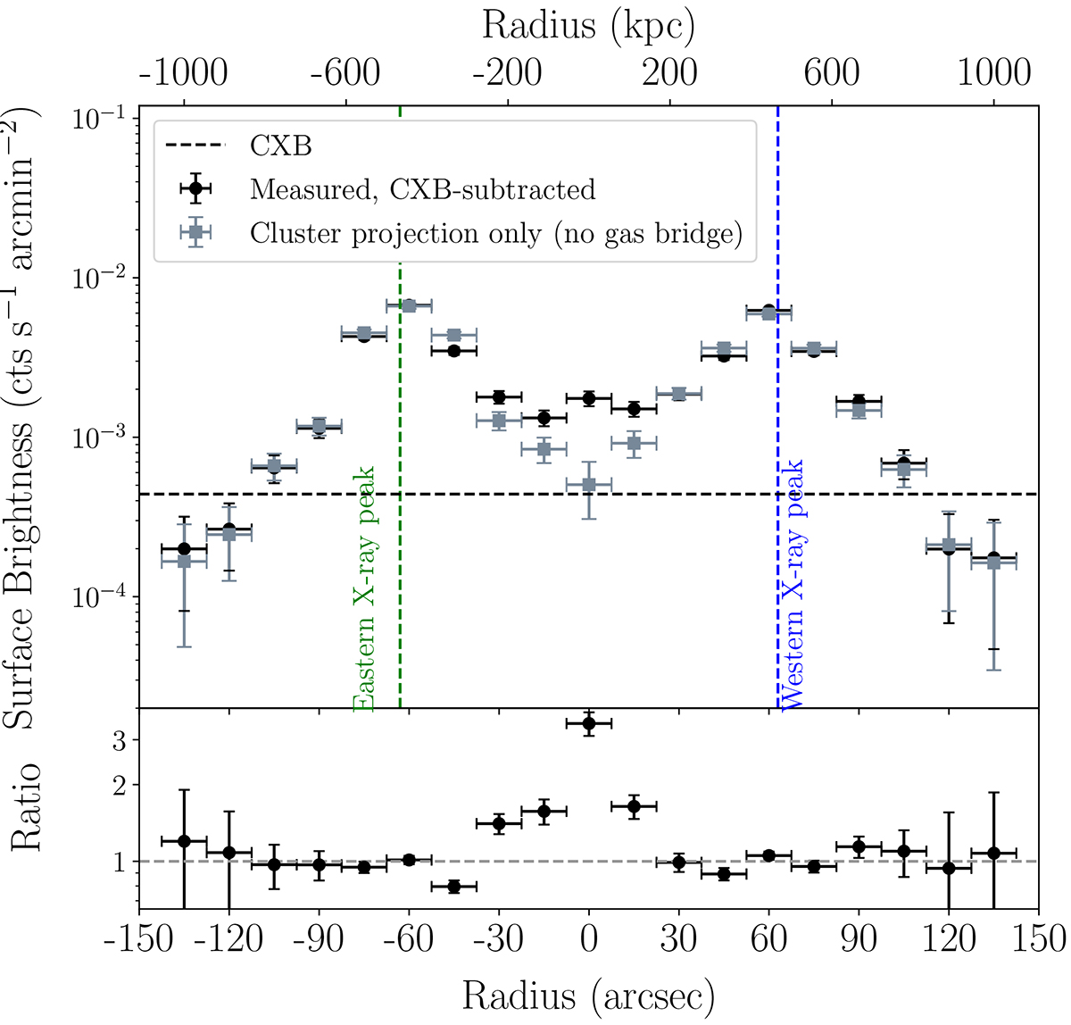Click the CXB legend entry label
[x=281, y=146]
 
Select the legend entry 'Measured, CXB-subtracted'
[x=422, y=189]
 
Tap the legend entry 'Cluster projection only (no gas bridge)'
[x=496, y=233]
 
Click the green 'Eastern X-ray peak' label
[x=363, y=589]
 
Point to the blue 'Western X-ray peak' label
[x=793, y=585]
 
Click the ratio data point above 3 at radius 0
[x=588, y=723]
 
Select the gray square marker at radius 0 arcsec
[x=588, y=485]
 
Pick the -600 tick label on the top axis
[x=345, y=73]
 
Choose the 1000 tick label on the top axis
[x=993, y=73]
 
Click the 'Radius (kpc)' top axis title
[x=588, y=26]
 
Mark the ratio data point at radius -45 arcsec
[x=453, y=887]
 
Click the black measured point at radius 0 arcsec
[x=588, y=398]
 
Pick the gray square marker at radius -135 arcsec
[x=184, y=562]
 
